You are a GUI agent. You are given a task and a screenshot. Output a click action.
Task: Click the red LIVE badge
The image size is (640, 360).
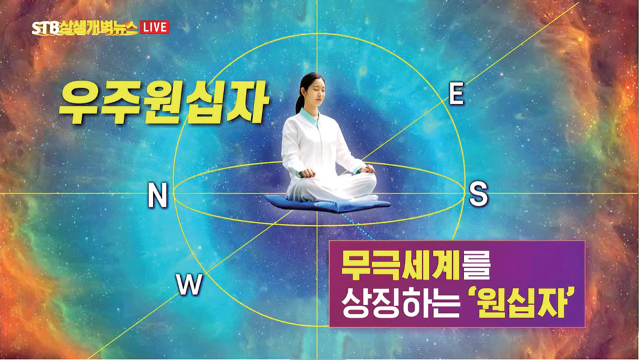[154, 27]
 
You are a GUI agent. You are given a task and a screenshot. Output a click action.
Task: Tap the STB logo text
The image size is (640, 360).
[45, 28]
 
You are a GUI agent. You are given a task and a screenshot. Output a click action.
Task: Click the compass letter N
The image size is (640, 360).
[157, 195]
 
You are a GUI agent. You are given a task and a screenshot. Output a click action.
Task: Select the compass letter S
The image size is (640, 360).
[478, 194]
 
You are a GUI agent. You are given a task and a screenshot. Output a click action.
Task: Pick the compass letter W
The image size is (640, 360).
[190, 284]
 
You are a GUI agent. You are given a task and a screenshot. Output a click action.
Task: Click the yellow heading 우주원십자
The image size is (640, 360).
[164, 103]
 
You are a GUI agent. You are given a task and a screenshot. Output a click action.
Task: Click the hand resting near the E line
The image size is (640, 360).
[367, 168]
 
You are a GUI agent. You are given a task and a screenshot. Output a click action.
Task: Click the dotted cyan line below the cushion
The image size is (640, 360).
[358, 226]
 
